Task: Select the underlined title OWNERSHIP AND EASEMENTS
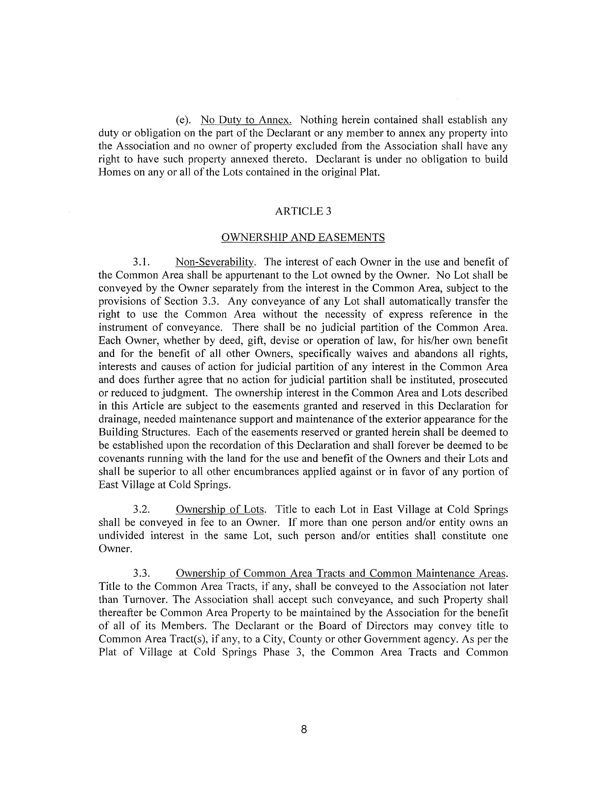[x=303, y=238]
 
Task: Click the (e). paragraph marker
[x=184, y=120]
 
